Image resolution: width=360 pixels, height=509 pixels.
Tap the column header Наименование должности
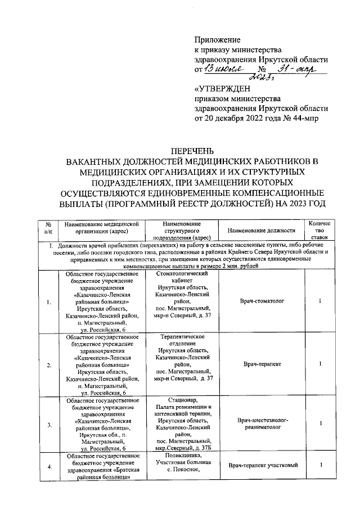[262, 231]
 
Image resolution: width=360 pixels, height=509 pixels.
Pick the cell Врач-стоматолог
[262, 301]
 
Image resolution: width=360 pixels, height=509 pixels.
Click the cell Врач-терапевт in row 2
[262, 365]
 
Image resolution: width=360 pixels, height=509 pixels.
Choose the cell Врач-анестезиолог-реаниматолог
[262, 424]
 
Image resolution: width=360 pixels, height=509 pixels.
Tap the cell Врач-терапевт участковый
[262, 465]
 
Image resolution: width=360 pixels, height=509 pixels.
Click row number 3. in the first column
[49, 424]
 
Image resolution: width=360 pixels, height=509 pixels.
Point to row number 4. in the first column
[49, 466]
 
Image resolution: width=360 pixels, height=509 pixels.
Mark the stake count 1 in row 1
[319, 301]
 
